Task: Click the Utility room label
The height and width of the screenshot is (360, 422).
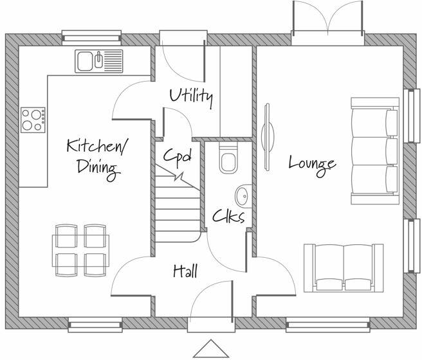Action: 191,96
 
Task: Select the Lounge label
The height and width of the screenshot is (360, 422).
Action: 311,162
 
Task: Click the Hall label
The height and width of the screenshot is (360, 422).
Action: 185,271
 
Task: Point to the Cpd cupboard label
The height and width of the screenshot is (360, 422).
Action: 176,156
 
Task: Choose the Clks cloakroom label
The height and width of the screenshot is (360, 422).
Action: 228,216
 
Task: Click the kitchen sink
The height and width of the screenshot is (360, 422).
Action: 98,61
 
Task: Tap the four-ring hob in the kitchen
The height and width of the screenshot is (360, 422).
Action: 33,120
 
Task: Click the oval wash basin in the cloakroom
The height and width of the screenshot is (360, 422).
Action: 243,194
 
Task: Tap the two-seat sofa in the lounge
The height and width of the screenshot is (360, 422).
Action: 344,267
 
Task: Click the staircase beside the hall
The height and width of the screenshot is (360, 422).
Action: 176,206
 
